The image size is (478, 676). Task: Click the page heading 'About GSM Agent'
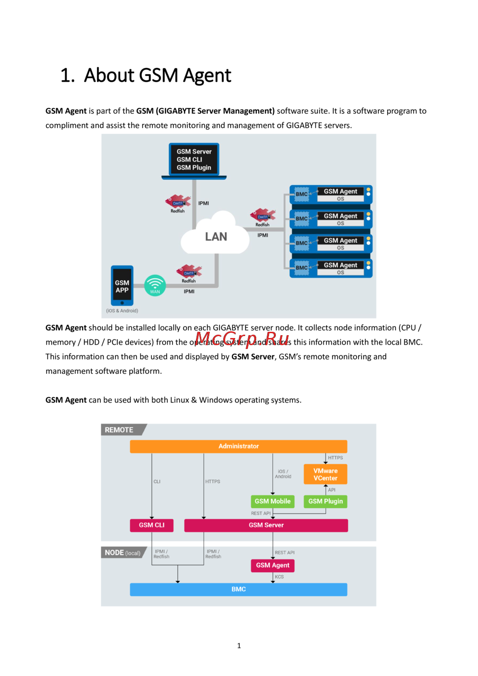click(x=157, y=76)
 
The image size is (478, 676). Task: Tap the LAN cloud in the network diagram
click(x=216, y=237)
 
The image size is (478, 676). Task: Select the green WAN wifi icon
click(x=155, y=285)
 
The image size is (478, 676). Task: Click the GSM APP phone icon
click(x=122, y=286)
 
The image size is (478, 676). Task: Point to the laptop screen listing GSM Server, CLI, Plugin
click(x=194, y=160)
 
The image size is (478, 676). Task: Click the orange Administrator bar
click(x=239, y=446)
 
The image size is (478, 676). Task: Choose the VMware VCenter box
click(x=326, y=474)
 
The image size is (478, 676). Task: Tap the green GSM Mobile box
click(x=272, y=501)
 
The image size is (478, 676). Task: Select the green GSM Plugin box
click(x=326, y=501)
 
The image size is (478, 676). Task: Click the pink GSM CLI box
click(x=152, y=525)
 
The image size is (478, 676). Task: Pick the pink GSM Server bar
click(x=266, y=525)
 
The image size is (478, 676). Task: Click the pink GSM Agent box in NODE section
click(x=272, y=565)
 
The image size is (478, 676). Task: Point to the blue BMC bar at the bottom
click(x=239, y=589)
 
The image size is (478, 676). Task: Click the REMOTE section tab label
click(x=119, y=430)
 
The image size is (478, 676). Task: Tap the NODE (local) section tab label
click(x=122, y=553)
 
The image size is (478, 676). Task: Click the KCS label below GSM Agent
click(x=280, y=577)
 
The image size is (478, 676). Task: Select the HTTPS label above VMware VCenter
click(x=336, y=458)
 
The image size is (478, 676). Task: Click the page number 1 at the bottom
click(x=239, y=645)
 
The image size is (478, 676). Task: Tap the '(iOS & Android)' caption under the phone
click(x=122, y=311)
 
